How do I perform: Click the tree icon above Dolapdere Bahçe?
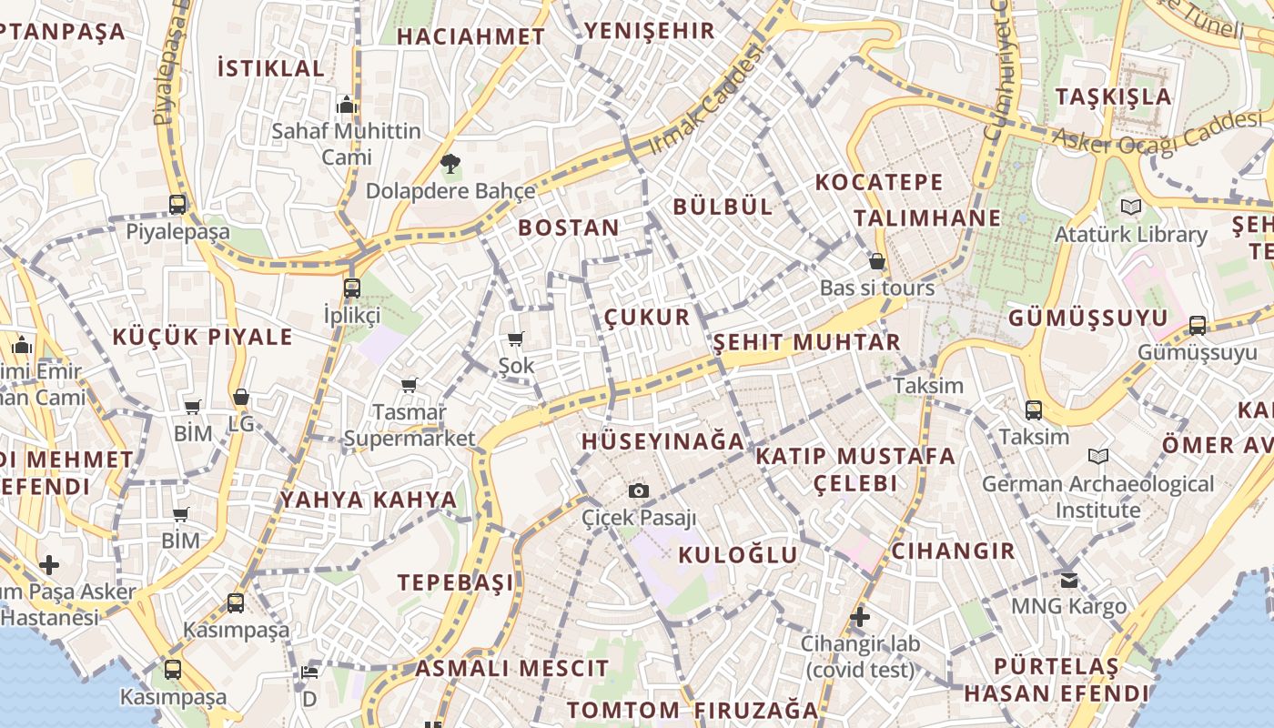pos(450,165)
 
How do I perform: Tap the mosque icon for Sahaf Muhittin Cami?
pos(346,106)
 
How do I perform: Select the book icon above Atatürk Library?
pos(1130,207)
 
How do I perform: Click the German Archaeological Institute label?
pos(1097,497)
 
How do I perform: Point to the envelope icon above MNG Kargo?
pos(1069,579)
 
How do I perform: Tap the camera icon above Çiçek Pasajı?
pos(639,491)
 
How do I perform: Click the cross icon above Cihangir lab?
pos(859,618)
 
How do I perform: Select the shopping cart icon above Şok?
pos(516,339)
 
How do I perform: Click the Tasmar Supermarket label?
pos(409,426)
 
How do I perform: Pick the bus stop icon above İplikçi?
pos(352,288)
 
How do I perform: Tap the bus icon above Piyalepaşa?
pos(177,205)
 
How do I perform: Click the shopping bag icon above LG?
pos(240,397)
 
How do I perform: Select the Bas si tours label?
pos(877,288)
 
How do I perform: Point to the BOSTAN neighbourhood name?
pos(569,227)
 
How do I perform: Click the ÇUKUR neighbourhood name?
pos(647,317)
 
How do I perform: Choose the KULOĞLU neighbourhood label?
pos(738,555)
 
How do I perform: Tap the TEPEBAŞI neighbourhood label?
pos(455,582)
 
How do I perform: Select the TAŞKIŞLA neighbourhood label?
pos(1113,96)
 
